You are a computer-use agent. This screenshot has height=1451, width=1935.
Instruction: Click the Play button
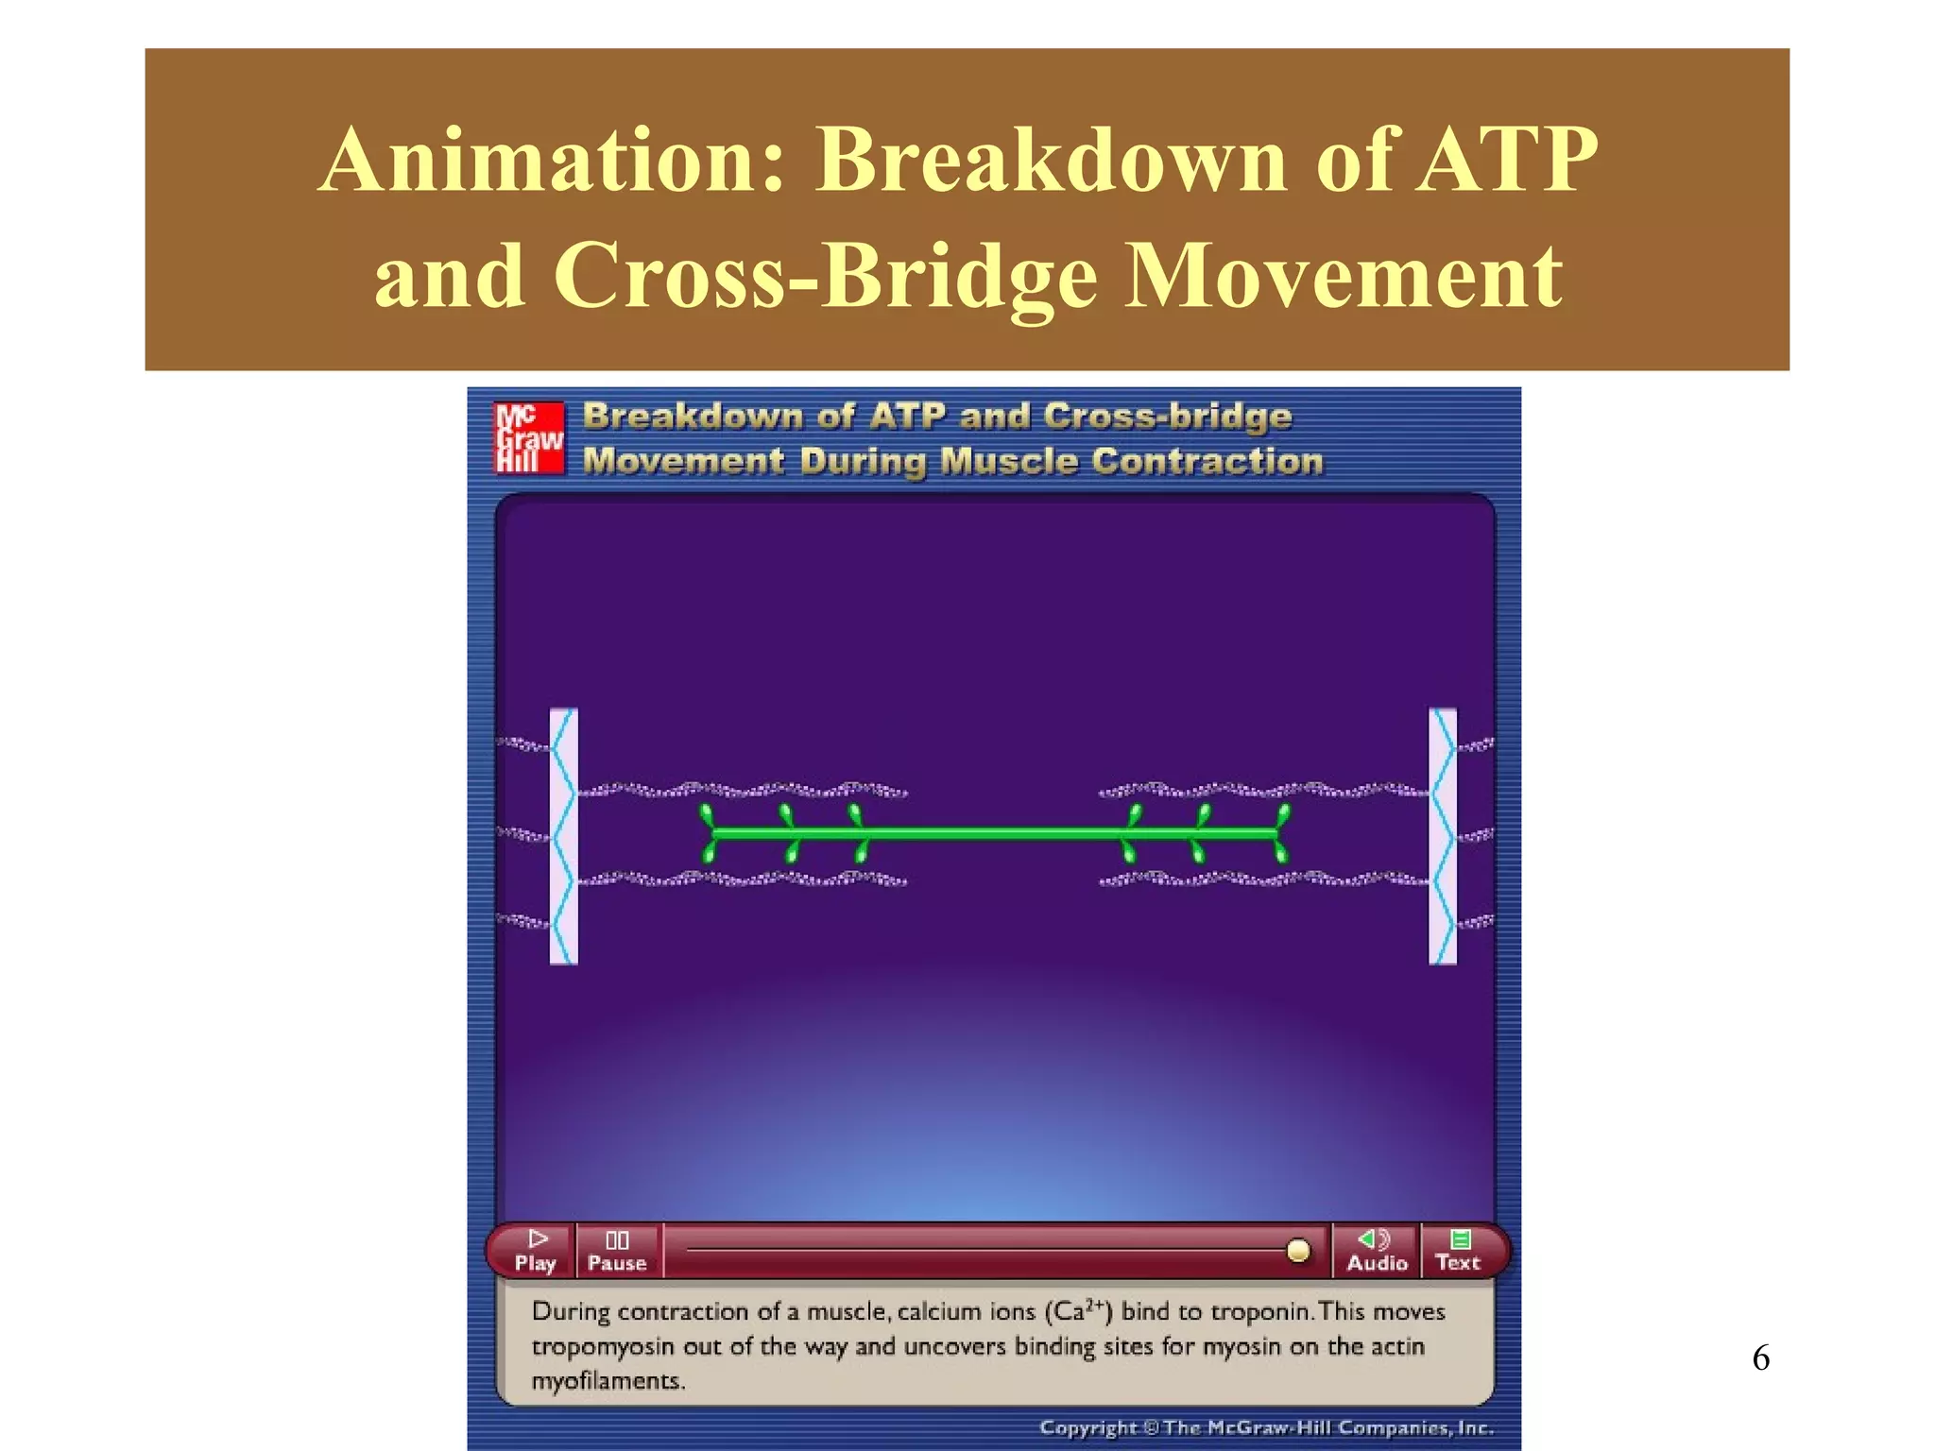point(536,1250)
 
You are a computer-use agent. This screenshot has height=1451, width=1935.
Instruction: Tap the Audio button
point(1376,1250)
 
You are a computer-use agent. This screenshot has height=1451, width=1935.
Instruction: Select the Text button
point(1458,1250)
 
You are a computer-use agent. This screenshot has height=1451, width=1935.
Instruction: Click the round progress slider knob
point(1298,1251)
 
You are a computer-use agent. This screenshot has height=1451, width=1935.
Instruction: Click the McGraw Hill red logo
point(529,437)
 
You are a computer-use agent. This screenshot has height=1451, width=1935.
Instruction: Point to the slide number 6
point(1760,1358)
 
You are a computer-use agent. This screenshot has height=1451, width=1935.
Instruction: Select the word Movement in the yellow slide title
point(1344,276)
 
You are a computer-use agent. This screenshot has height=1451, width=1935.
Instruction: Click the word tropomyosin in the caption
point(604,1347)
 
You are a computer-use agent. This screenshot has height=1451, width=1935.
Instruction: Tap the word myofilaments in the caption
point(608,1381)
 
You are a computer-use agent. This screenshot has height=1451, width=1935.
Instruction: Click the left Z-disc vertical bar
point(563,836)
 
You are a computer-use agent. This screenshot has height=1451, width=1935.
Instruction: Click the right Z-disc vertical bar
point(1443,836)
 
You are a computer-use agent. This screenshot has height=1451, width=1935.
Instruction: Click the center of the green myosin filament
point(994,833)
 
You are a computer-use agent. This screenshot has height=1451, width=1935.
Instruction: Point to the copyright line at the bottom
point(1266,1427)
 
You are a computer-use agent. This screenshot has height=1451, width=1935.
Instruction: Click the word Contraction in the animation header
point(1207,462)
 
